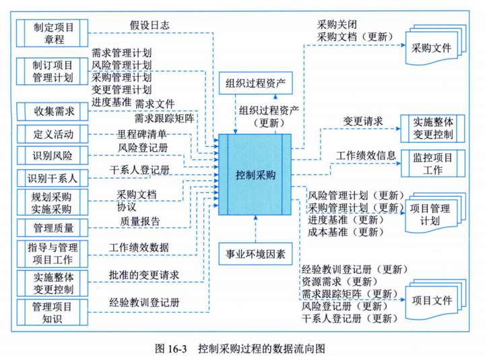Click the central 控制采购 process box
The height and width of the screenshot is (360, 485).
(x=255, y=174)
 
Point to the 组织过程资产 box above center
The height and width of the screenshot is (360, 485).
(x=255, y=84)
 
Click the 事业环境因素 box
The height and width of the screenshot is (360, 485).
(x=255, y=256)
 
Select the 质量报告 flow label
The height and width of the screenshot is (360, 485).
(x=140, y=220)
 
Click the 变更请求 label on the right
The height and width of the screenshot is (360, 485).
(x=363, y=121)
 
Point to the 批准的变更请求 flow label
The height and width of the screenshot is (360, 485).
(x=144, y=275)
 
